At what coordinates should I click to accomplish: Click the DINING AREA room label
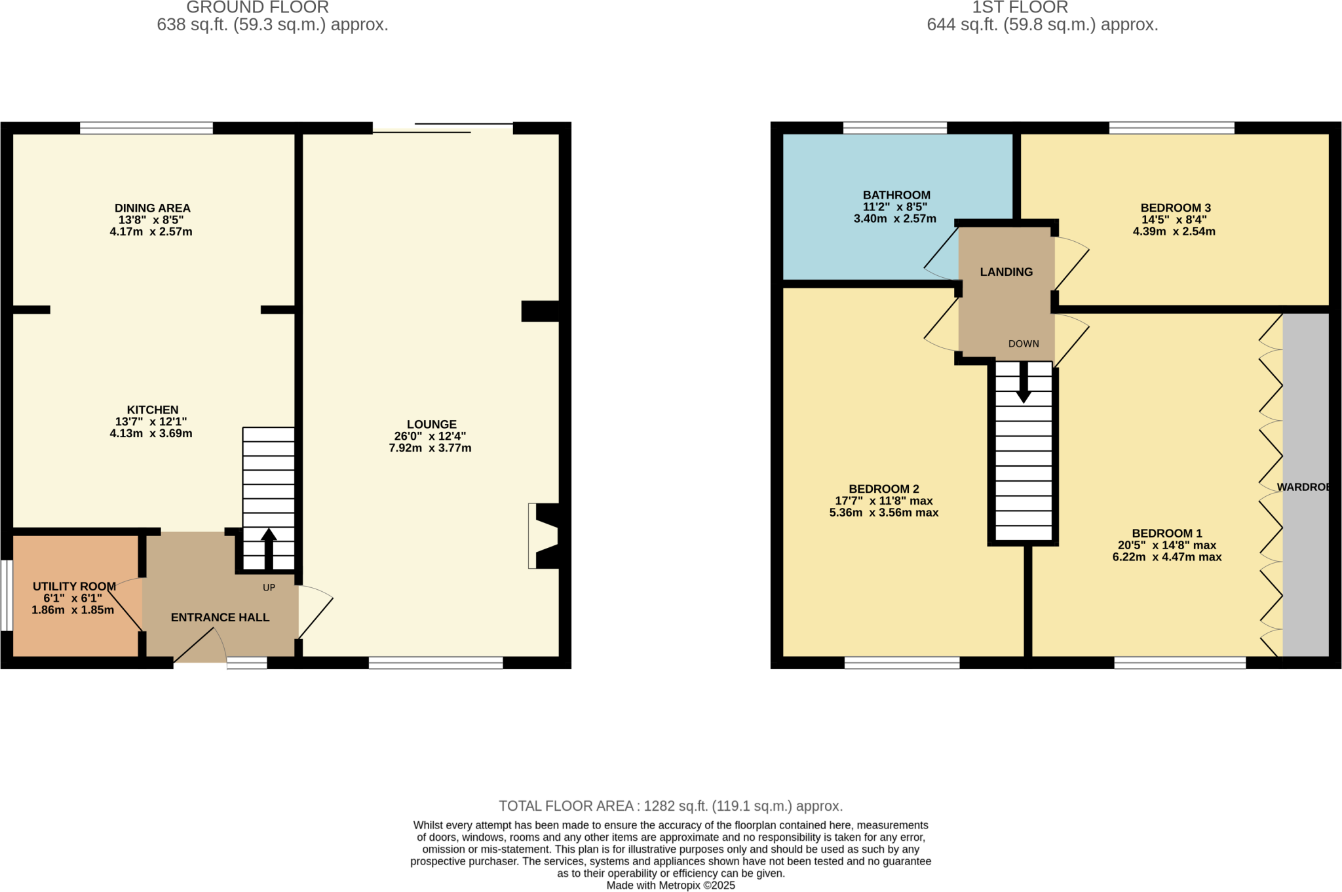point(152,208)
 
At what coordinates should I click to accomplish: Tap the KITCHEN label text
point(152,410)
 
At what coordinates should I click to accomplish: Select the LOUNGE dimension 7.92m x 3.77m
point(430,448)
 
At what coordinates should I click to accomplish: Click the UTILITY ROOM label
point(74,587)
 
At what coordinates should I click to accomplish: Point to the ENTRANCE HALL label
point(220,617)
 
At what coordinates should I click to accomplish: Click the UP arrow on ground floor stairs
point(269,547)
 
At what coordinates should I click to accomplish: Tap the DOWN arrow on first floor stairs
point(1024,383)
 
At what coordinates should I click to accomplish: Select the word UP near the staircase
point(269,588)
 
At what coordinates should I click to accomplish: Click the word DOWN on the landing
point(1024,344)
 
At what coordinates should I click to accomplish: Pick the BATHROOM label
point(896,195)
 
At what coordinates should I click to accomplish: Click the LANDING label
point(1006,272)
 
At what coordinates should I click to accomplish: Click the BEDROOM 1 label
point(1167,533)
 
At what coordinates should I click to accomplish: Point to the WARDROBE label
point(1303,488)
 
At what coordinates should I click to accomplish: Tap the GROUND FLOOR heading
point(258,8)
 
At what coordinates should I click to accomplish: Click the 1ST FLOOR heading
point(1020,8)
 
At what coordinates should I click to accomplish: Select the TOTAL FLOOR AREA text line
point(670,806)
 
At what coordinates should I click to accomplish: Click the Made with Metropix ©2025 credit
point(670,885)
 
